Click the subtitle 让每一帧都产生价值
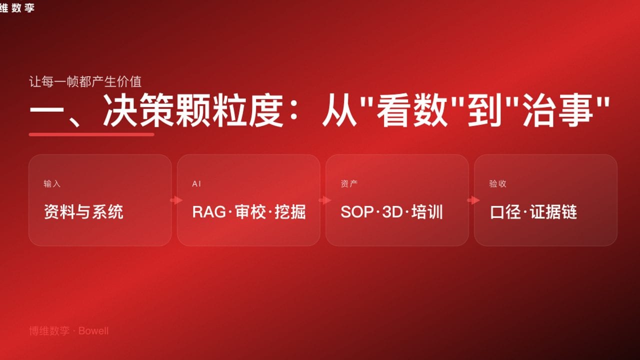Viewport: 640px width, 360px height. (85, 81)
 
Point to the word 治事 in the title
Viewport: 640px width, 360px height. (557, 112)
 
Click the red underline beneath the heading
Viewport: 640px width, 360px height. (91, 134)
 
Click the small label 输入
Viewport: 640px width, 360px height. (52, 184)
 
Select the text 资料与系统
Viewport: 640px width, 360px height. (83, 212)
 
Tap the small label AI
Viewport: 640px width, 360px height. (196, 184)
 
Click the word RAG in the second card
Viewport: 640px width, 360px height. (208, 212)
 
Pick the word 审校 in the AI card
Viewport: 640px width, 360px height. (249, 212)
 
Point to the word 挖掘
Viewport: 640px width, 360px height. (290, 212)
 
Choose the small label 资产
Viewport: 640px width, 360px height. (349, 184)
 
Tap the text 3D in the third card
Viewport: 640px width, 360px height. (392, 212)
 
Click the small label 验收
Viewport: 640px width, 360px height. (497, 184)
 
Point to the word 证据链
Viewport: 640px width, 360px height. (553, 212)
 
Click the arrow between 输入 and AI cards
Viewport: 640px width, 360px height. (175, 200)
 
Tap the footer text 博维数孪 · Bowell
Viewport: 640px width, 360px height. (68, 331)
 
